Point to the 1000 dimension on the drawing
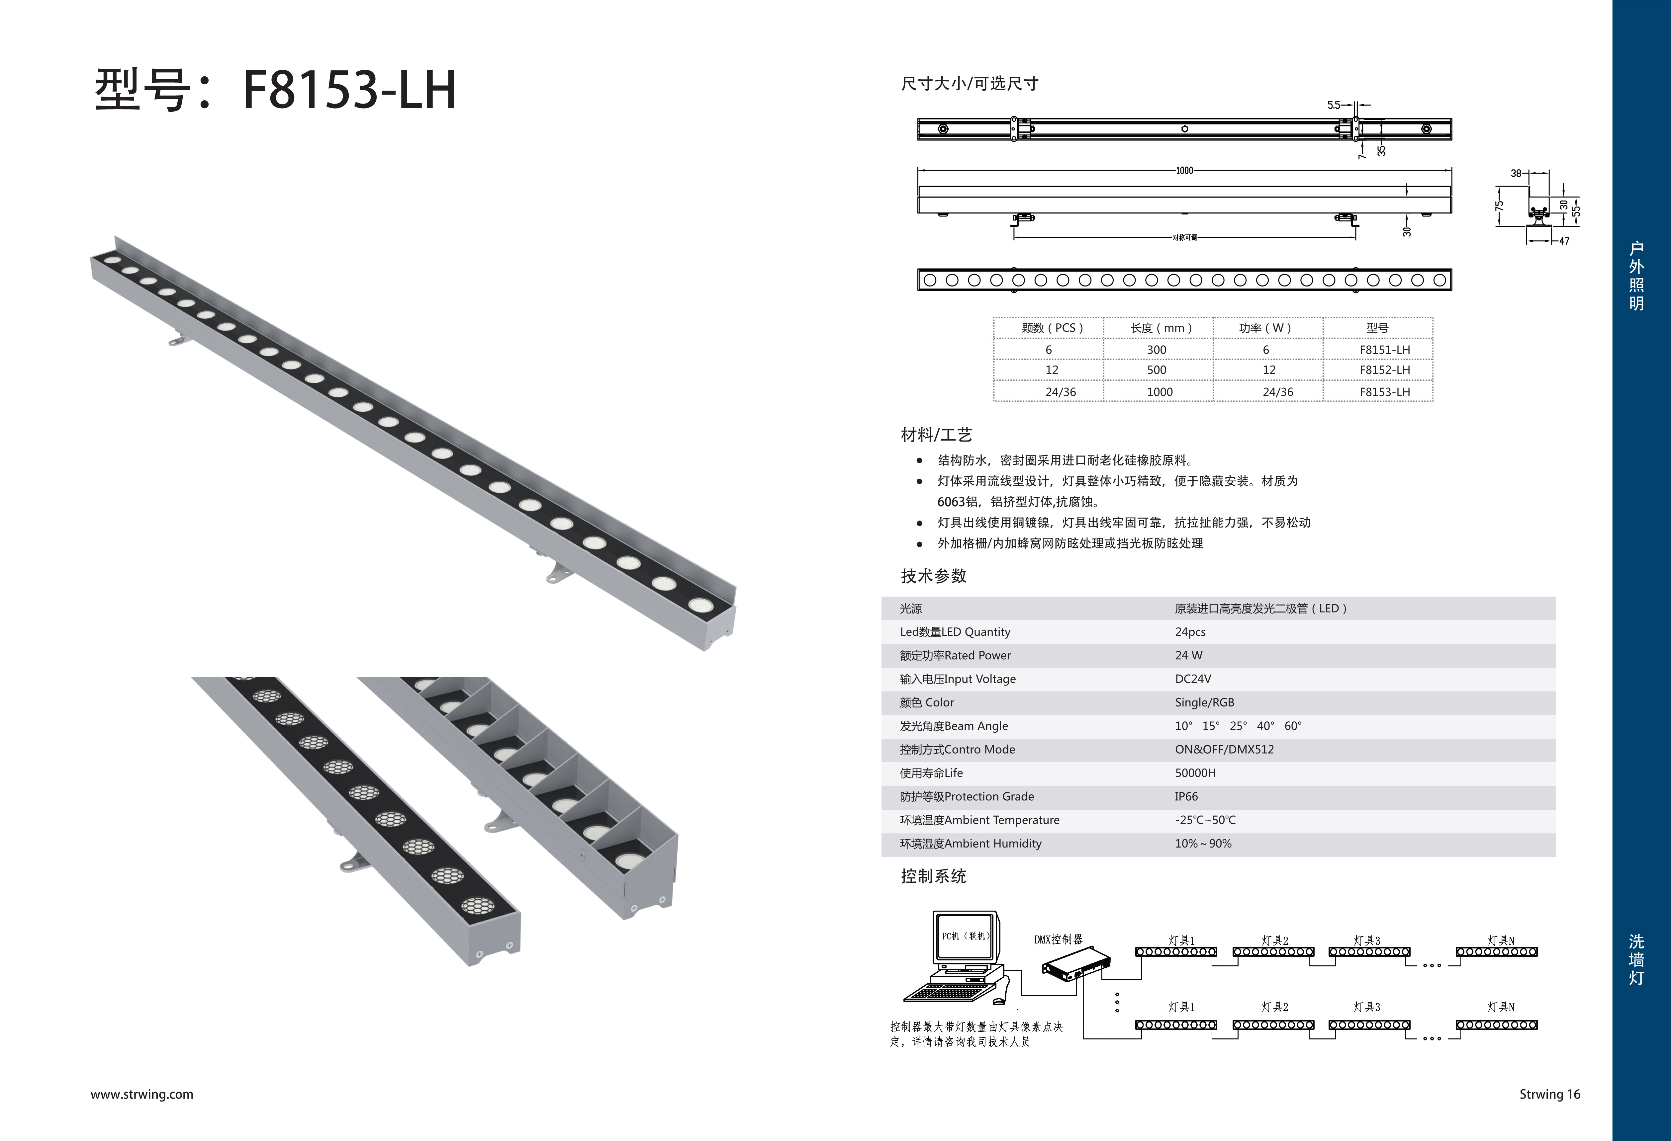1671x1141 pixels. [1184, 171]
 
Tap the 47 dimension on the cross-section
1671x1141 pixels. [1564, 241]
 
